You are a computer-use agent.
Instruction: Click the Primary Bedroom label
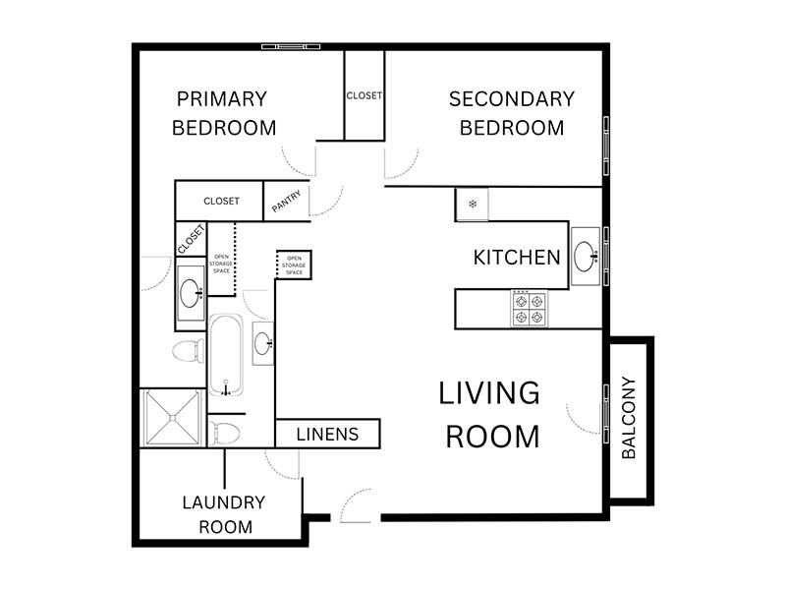click(224, 113)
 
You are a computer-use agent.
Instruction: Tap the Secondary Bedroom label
click(512, 113)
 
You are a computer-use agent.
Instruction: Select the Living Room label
click(489, 414)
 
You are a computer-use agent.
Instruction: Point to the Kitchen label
click(517, 258)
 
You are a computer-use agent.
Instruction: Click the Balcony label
click(629, 417)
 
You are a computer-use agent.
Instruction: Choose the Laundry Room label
click(224, 514)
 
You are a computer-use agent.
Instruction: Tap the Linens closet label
click(327, 434)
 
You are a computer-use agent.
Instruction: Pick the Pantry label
click(286, 202)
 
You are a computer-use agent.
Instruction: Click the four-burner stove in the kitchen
click(530, 309)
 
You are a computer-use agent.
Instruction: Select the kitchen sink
click(586, 257)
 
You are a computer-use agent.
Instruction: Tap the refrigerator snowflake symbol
click(473, 204)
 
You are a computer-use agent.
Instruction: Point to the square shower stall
click(173, 417)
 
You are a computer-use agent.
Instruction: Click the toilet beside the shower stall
click(224, 433)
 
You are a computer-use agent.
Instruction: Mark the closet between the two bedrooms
click(365, 95)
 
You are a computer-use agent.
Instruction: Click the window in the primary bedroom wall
click(291, 46)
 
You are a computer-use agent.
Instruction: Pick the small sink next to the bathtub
click(263, 343)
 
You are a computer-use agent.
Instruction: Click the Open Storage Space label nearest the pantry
click(294, 265)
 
